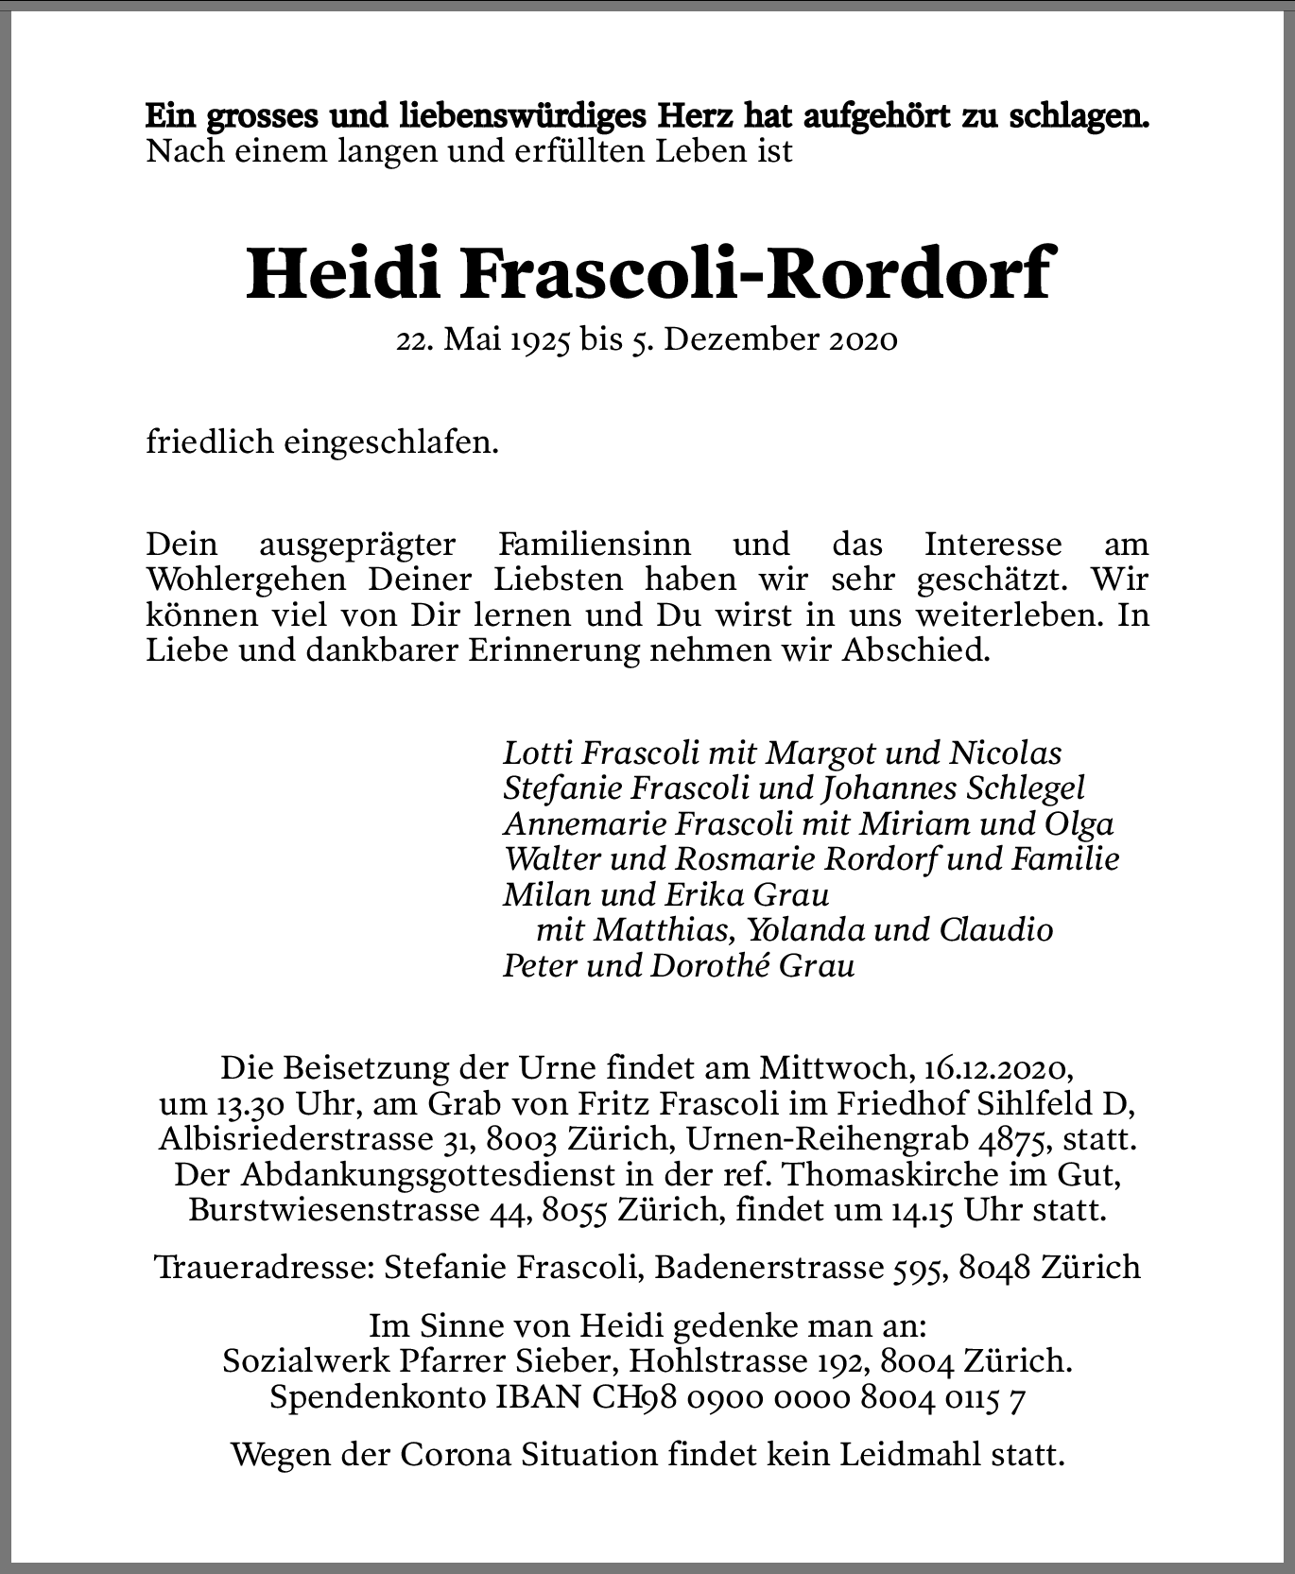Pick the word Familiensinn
[x=594, y=545]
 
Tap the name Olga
[x=1079, y=823]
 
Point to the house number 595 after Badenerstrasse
[x=917, y=1268]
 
